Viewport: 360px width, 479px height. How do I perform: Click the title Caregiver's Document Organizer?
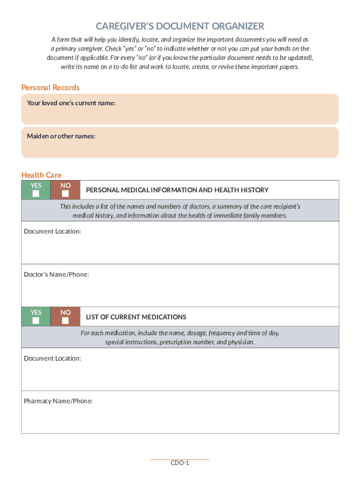(180, 26)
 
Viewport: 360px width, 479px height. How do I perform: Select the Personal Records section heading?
(50, 87)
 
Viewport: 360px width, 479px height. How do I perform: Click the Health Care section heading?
(41, 175)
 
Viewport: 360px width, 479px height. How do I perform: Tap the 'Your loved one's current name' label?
(71, 103)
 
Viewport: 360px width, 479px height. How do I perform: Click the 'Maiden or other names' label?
(61, 136)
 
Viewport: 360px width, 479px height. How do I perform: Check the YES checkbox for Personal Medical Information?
(36, 194)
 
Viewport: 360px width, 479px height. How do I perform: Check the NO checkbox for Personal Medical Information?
(65, 194)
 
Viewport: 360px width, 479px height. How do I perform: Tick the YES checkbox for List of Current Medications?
(36, 320)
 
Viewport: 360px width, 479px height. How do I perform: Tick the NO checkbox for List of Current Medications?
(65, 320)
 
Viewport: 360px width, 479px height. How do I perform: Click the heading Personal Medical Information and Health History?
(177, 190)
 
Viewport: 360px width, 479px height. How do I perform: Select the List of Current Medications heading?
(136, 317)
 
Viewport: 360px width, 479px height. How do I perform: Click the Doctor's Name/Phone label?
(56, 275)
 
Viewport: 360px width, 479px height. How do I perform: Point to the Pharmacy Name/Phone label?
(58, 401)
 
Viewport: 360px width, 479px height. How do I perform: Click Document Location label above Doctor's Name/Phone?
(52, 232)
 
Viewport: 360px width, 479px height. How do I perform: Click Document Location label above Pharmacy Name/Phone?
(52, 358)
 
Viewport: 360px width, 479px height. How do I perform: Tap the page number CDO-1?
(180, 463)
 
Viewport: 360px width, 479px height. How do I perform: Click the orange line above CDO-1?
(180, 459)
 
